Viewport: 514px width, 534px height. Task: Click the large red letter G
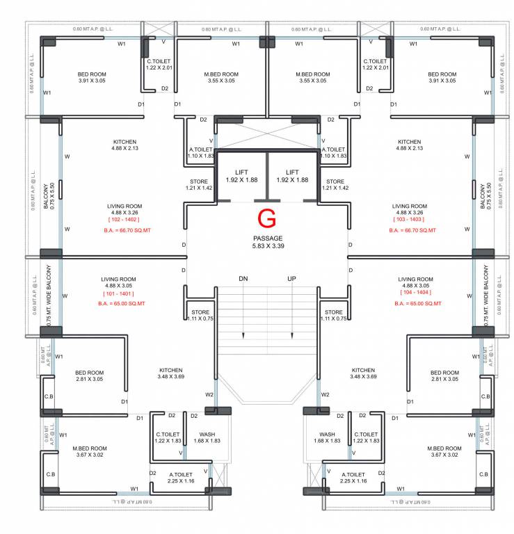(266, 218)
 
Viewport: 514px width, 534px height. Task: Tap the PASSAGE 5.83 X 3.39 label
(267, 242)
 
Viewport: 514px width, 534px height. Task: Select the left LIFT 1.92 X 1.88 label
(241, 176)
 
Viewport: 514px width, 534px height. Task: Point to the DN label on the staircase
(243, 279)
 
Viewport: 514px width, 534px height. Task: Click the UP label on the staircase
(293, 279)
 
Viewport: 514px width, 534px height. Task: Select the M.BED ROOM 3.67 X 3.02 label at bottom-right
(444, 452)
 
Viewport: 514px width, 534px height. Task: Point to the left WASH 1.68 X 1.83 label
(207, 437)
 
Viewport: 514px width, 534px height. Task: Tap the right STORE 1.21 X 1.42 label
(335, 184)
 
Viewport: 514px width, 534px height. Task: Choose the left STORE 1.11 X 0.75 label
(200, 315)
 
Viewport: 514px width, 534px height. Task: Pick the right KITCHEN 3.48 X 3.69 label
(363, 373)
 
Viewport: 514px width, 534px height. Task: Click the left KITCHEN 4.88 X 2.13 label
(125, 145)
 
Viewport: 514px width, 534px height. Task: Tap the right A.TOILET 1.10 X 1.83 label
(334, 152)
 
